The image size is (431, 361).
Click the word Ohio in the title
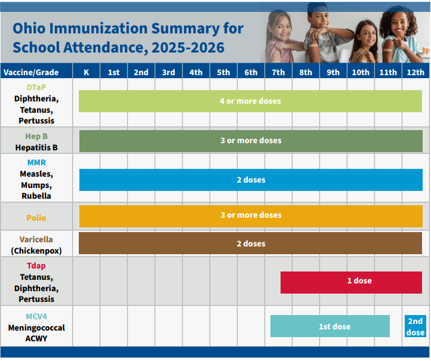(29, 28)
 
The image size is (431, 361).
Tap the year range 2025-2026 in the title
(188, 47)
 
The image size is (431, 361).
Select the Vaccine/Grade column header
(31, 72)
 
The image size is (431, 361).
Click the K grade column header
(87, 72)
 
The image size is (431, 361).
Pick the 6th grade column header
(251, 72)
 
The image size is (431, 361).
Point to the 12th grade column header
(415, 72)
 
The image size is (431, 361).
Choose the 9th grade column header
(333, 72)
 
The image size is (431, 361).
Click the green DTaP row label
(36, 87)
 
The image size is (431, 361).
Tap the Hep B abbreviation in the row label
(36, 136)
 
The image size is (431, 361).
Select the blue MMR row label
(36, 162)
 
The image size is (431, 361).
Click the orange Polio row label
(36, 218)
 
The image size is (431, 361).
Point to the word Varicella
(36, 239)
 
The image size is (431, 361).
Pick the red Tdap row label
(36, 266)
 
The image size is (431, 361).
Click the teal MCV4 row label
(36, 316)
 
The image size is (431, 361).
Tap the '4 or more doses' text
(250, 101)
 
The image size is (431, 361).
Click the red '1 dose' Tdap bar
(351, 282)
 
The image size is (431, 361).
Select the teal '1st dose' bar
(330, 326)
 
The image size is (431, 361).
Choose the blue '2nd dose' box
(415, 326)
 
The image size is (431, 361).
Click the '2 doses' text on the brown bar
(251, 243)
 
